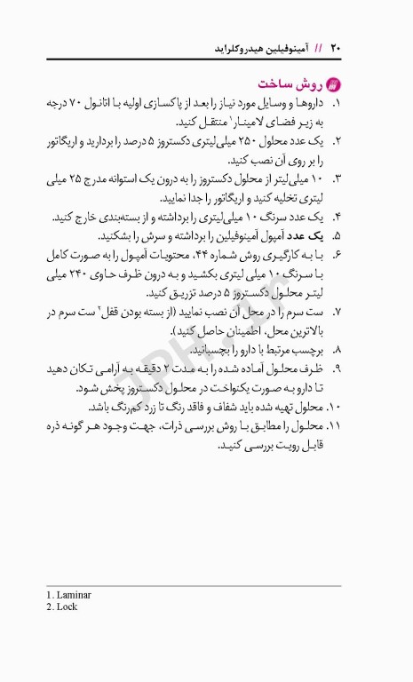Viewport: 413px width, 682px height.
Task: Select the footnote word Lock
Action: click(67, 607)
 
